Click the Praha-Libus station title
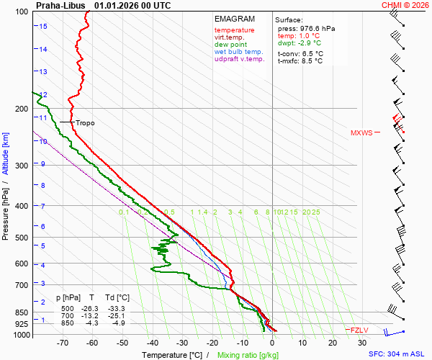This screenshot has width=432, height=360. tap(60, 4)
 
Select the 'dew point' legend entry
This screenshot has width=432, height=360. tap(231, 45)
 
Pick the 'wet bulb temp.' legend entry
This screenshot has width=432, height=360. tap(239, 52)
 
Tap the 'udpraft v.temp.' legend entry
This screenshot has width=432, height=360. tap(240, 59)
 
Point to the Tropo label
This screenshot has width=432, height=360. tap(85, 123)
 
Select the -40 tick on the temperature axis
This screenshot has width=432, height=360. tap(152, 344)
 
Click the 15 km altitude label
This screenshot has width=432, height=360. tap(43, 27)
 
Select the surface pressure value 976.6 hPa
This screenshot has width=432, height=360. tap(317, 28)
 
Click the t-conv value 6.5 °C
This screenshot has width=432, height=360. tap(311, 53)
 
